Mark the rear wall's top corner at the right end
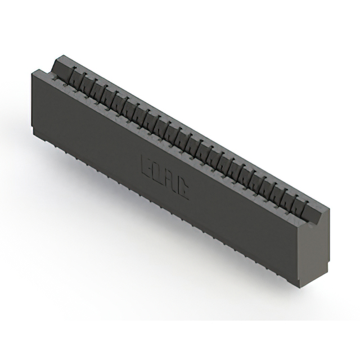point(330,209)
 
